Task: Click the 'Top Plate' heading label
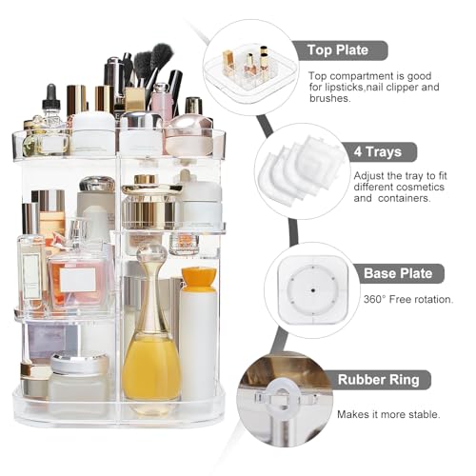point(347,50)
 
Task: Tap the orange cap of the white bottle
point(196,278)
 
